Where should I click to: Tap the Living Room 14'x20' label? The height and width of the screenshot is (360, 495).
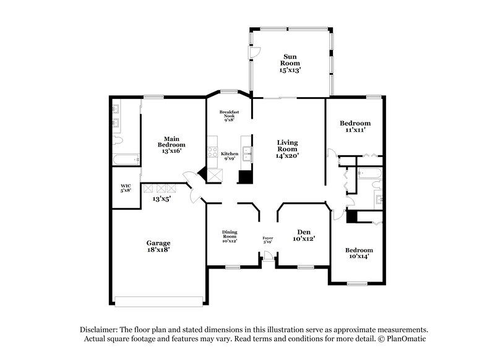[287, 149]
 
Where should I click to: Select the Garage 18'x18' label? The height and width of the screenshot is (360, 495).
[158, 246]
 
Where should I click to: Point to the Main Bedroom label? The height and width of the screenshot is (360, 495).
[171, 144]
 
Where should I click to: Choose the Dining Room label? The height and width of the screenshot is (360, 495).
[230, 236]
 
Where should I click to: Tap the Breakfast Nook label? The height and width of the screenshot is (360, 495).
[229, 116]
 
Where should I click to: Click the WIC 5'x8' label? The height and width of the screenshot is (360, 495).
[125, 188]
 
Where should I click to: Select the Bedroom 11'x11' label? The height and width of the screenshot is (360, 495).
[356, 127]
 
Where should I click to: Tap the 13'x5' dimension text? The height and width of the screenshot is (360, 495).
[162, 199]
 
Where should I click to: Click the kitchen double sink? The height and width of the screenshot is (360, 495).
[247, 153]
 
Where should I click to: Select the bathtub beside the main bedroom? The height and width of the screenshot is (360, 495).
[124, 160]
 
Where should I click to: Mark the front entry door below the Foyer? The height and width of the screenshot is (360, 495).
[267, 260]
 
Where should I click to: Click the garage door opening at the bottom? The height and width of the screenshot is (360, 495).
[159, 301]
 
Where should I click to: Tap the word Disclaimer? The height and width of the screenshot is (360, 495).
[101, 330]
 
